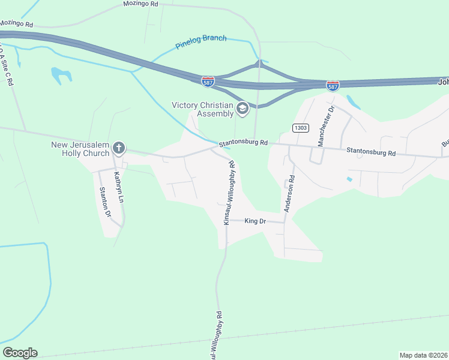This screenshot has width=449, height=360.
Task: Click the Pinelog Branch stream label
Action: pos(201,42)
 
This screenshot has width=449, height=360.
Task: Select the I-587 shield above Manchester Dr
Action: pos(333,86)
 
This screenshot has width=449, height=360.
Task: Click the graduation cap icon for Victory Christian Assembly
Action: pos(243,109)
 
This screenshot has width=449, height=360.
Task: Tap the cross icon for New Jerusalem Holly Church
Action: pos(119,148)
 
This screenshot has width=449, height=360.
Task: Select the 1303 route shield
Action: pos(301,128)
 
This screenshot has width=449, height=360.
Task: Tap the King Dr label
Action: pos(255,221)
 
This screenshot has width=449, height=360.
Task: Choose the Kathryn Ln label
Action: pos(118,187)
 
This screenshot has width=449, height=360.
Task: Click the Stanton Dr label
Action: pos(105,202)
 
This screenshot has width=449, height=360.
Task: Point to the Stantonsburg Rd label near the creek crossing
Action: pos(243,143)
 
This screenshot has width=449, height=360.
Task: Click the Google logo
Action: pos(20,353)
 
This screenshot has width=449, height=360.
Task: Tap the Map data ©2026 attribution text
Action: pos(423,355)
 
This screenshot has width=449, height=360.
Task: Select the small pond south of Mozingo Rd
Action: pos(61,74)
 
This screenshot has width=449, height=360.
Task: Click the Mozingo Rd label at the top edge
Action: pos(140,4)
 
